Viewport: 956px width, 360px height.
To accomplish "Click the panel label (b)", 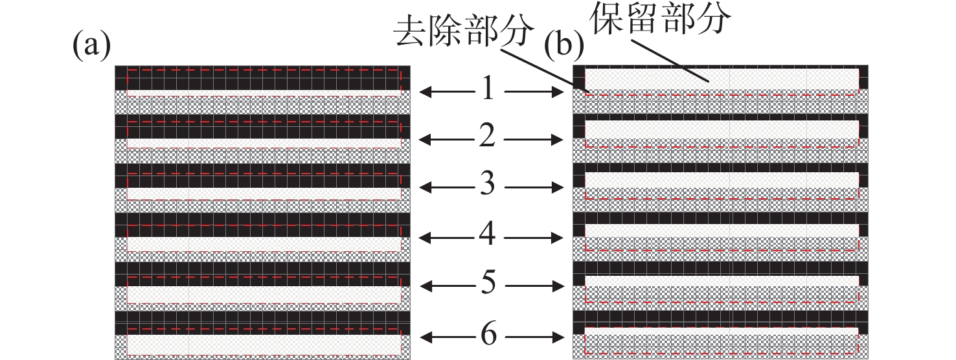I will point(563,47).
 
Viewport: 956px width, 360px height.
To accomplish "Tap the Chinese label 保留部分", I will point(661,21).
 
